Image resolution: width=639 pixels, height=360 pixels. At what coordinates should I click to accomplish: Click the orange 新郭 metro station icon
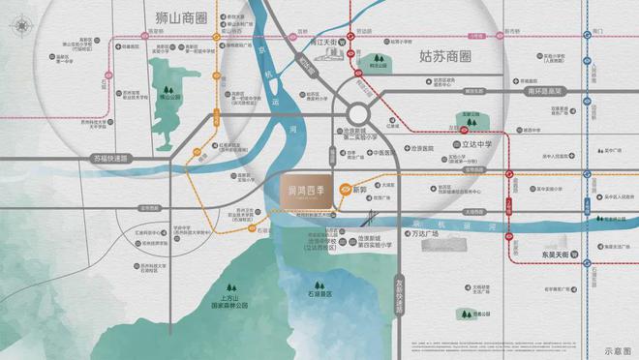coord(340,191)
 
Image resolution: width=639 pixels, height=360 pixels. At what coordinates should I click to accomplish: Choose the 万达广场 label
coord(420,235)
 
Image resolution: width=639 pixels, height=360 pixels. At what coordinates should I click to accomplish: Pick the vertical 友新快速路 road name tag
coord(397,294)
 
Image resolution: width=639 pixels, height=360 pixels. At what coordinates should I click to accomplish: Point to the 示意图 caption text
coord(617,351)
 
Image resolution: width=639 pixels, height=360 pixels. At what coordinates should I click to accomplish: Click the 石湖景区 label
coord(316,292)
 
